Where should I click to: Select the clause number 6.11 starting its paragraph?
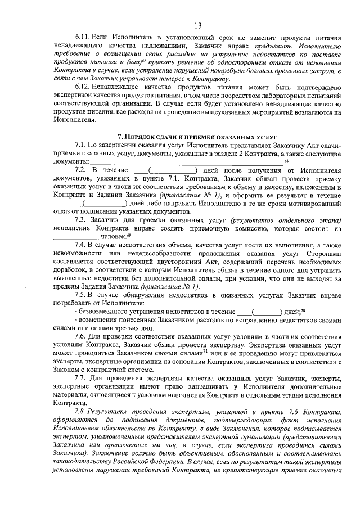[83, 38]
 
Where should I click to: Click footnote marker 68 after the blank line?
[286, 161]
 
